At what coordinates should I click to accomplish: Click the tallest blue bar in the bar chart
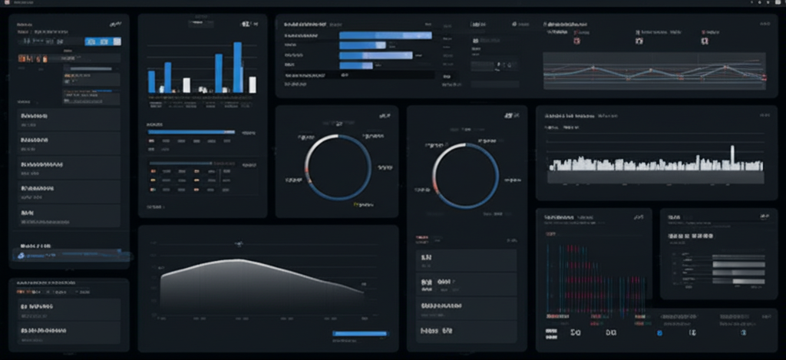point(237,68)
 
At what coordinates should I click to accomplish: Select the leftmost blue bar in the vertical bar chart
point(151,81)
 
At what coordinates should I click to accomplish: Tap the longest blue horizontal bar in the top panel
point(385,35)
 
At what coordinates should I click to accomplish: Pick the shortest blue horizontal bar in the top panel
point(355,66)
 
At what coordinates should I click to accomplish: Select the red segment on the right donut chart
point(436,187)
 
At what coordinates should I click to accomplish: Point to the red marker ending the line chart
point(764,78)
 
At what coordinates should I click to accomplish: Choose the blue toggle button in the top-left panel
point(103,41)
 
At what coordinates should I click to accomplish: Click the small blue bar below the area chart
point(360,333)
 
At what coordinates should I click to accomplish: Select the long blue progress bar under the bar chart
point(191,132)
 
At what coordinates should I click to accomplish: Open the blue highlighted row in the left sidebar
point(69,254)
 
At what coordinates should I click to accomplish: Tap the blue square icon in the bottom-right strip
point(659,333)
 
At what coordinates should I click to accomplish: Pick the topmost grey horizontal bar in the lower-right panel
point(739,256)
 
